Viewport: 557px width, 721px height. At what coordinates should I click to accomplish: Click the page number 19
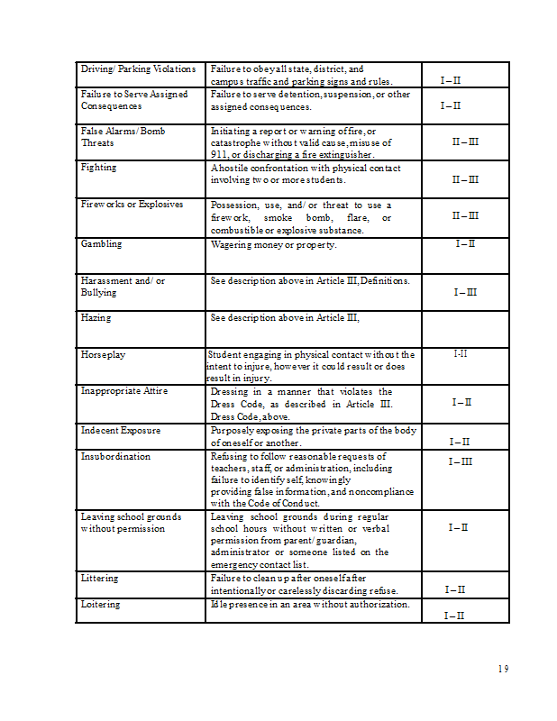[503, 668]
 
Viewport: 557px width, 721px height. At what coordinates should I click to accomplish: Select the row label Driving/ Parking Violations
[138, 69]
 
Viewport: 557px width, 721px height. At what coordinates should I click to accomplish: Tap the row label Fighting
[99, 168]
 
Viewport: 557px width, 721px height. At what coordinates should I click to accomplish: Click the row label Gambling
[101, 244]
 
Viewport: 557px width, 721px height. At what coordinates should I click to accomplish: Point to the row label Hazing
[96, 317]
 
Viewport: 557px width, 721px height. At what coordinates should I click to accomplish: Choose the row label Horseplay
[104, 355]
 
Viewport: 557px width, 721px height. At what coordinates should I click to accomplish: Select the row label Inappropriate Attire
[124, 391]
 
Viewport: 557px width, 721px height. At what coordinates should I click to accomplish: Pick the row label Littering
[100, 578]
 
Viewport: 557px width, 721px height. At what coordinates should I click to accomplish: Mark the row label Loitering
[100, 604]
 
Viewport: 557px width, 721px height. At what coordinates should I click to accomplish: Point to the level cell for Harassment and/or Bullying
[465, 292]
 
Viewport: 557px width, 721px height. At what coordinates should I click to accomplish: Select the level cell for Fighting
[465, 179]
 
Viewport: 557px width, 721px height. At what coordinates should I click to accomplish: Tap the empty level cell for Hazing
[465, 329]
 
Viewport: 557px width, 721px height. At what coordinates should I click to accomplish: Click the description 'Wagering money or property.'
[274, 244]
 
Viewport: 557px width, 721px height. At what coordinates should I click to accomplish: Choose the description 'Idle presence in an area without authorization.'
[310, 604]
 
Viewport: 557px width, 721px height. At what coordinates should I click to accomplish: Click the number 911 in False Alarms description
[218, 154]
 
